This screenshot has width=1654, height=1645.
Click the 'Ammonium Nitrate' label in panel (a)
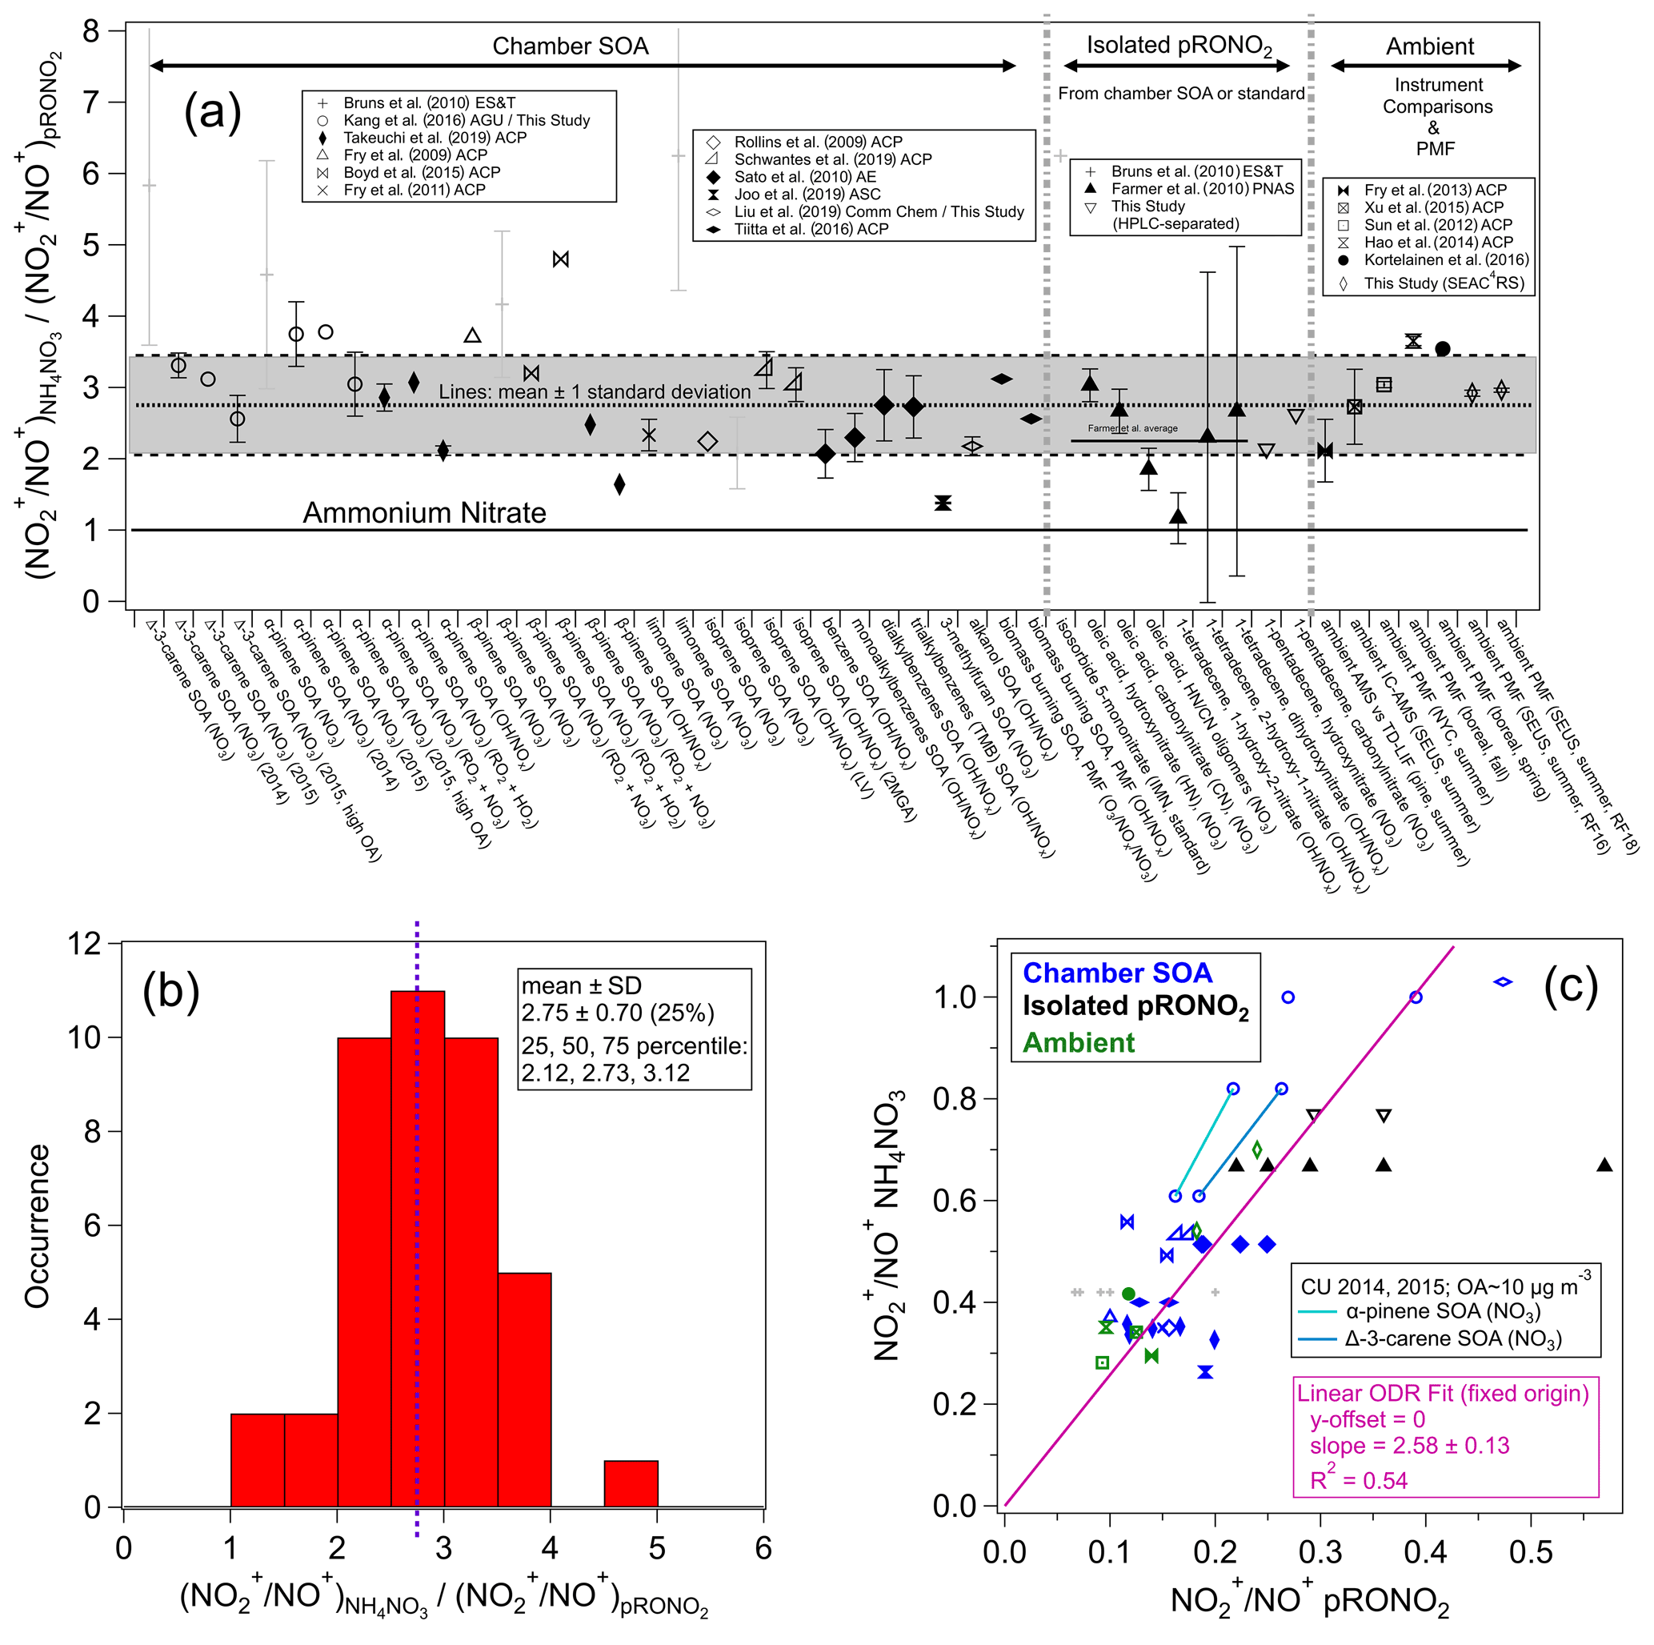coord(424,512)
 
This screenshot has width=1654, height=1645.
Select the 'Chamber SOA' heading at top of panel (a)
coord(571,46)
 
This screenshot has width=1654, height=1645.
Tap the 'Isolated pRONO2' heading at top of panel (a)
coord(1179,46)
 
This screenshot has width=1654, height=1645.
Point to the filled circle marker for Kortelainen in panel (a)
coord(1443,348)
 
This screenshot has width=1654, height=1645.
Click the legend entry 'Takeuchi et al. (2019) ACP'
coord(434,137)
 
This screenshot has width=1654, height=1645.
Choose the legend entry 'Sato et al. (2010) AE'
coord(805,176)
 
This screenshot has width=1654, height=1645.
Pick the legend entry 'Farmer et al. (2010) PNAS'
coord(1202,188)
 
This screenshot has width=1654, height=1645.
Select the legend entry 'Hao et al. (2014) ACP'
coord(1438,243)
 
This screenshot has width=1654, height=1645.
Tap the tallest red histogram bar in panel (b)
coord(418,1250)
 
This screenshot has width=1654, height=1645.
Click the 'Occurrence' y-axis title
coord(37,1226)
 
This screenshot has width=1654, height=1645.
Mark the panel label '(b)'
coord(171,991)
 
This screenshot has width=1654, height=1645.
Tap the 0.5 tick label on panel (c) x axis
coord(1531,1551)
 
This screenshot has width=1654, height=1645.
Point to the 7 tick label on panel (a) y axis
coord(90,102)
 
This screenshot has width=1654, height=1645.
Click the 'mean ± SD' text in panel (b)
coord(581,985)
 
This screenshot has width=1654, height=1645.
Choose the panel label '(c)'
coord(1570,985)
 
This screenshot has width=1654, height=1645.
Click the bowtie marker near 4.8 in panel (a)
coord(561,259)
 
